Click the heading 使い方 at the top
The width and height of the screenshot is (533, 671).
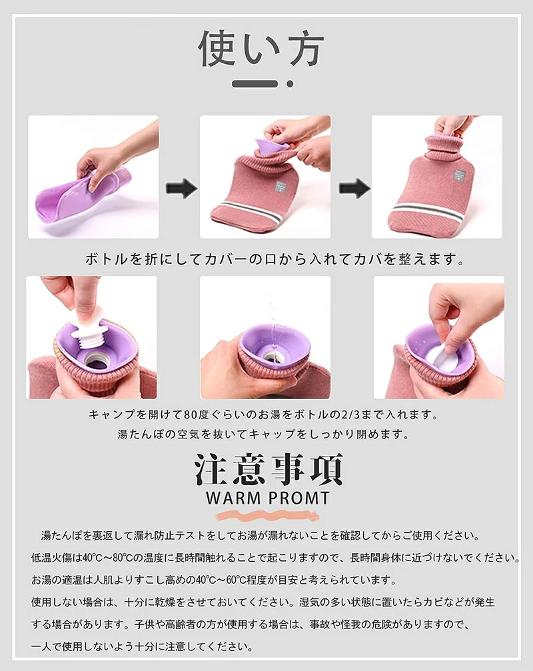point(261,49)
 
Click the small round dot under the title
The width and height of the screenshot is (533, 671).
point(290,84)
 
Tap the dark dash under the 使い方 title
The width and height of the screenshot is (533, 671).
point(255,84)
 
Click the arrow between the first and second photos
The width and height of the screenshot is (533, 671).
point(181,188)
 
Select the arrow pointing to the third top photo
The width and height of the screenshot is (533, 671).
point(354,188)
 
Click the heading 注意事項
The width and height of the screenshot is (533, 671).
point(268,470)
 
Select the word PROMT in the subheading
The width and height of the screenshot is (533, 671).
point(299,498)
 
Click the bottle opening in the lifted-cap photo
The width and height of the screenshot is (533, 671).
point(97,360)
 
